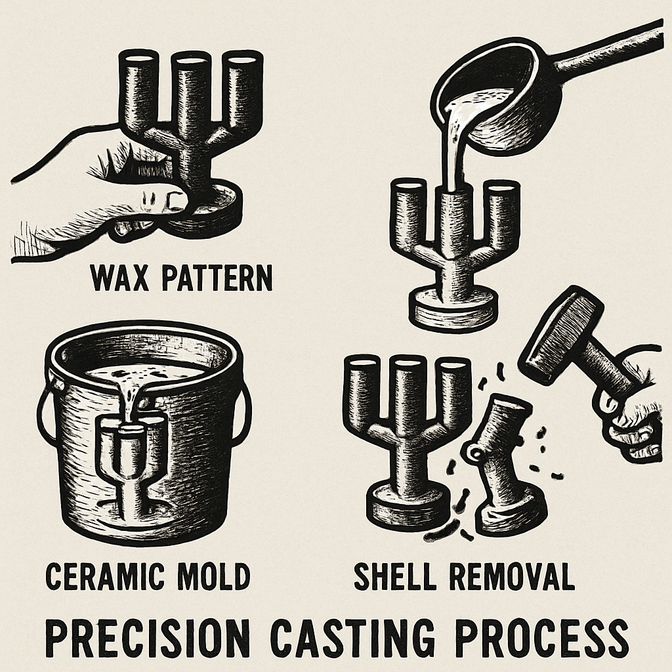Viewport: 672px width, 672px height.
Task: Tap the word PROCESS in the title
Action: pos(538,635)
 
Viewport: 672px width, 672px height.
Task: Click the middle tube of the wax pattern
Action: pos(191,92)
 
